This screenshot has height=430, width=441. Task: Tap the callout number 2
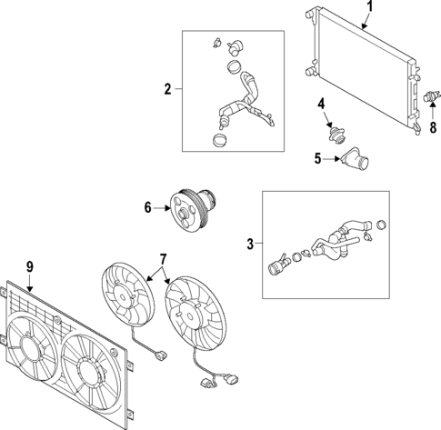point(167,89)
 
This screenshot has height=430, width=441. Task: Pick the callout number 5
point(317,158)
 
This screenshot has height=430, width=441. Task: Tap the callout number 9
point(29,266)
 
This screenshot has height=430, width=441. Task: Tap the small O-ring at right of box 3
point(382,225)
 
